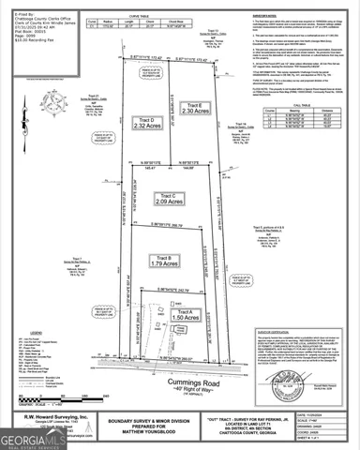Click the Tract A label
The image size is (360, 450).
[180, 311]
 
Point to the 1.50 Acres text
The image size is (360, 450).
[180, 320]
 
